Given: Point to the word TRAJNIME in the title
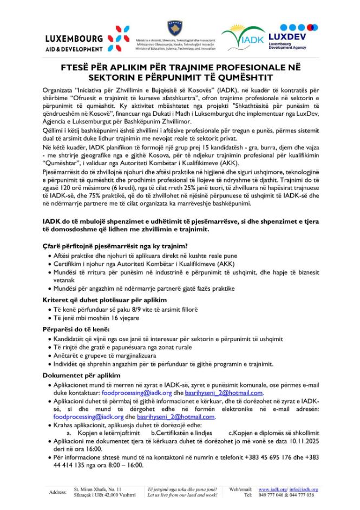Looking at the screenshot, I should (x=205, y=69).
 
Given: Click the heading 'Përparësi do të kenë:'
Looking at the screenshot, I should (x=76, y=329).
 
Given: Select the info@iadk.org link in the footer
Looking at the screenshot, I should (x=306, y=488).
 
